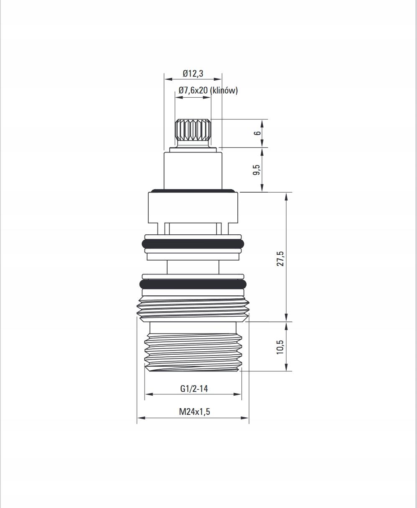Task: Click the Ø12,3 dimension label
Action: (193, 73)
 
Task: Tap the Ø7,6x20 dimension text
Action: (193, 91)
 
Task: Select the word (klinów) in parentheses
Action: (224, 91)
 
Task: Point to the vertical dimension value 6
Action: (257, 133)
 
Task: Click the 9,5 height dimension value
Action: (257, 170)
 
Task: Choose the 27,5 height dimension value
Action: (281, 258)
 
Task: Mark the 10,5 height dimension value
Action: (281, 347)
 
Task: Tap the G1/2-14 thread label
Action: (194, 389)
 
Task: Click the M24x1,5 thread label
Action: (194, 411)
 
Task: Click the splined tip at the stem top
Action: (193, 131)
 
